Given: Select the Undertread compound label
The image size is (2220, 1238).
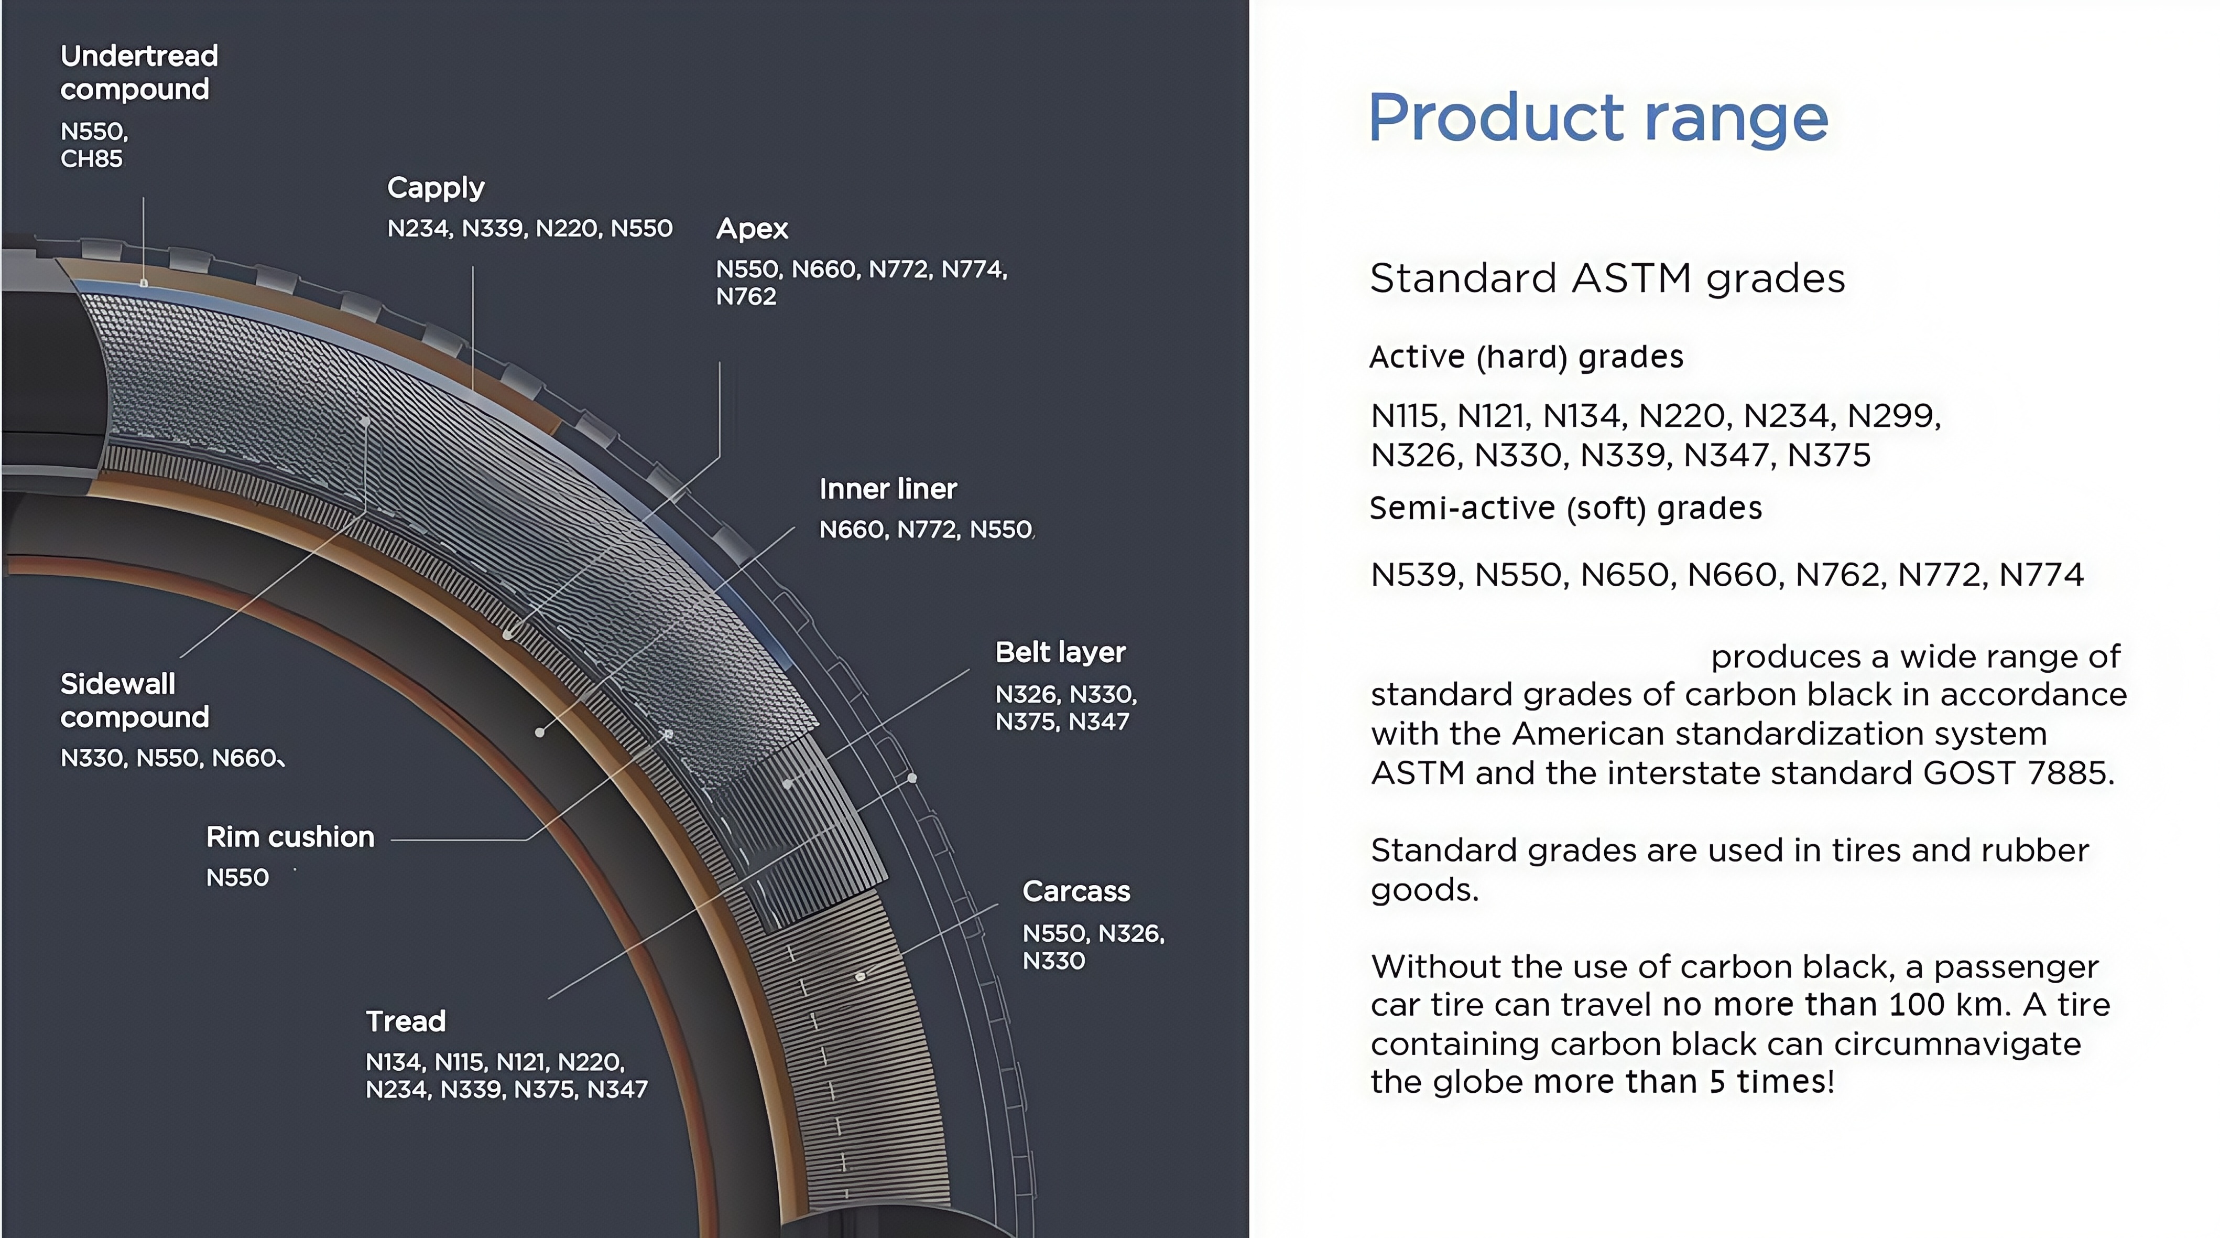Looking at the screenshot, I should (139, 72).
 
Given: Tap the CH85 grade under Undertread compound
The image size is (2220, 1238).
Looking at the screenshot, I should (91, 159).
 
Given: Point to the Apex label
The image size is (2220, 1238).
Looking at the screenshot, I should (752, 229).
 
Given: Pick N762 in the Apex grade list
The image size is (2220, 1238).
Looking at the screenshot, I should (746, 297).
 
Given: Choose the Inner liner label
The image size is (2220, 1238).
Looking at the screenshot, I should (888, 489).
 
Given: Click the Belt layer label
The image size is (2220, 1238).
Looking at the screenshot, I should (1060, 652).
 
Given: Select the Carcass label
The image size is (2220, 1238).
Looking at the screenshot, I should (1075, 891).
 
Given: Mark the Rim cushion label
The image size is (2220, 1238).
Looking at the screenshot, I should (290, 837).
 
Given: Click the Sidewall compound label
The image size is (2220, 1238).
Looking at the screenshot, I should (135, 700).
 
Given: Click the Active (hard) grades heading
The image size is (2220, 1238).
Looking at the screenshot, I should (1526, 357).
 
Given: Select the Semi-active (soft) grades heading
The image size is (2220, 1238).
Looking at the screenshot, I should (1565, 509).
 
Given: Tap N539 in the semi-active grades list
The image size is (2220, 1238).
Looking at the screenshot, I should (1416, 575).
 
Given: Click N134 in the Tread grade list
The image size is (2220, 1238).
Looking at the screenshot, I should (396, 1062).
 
